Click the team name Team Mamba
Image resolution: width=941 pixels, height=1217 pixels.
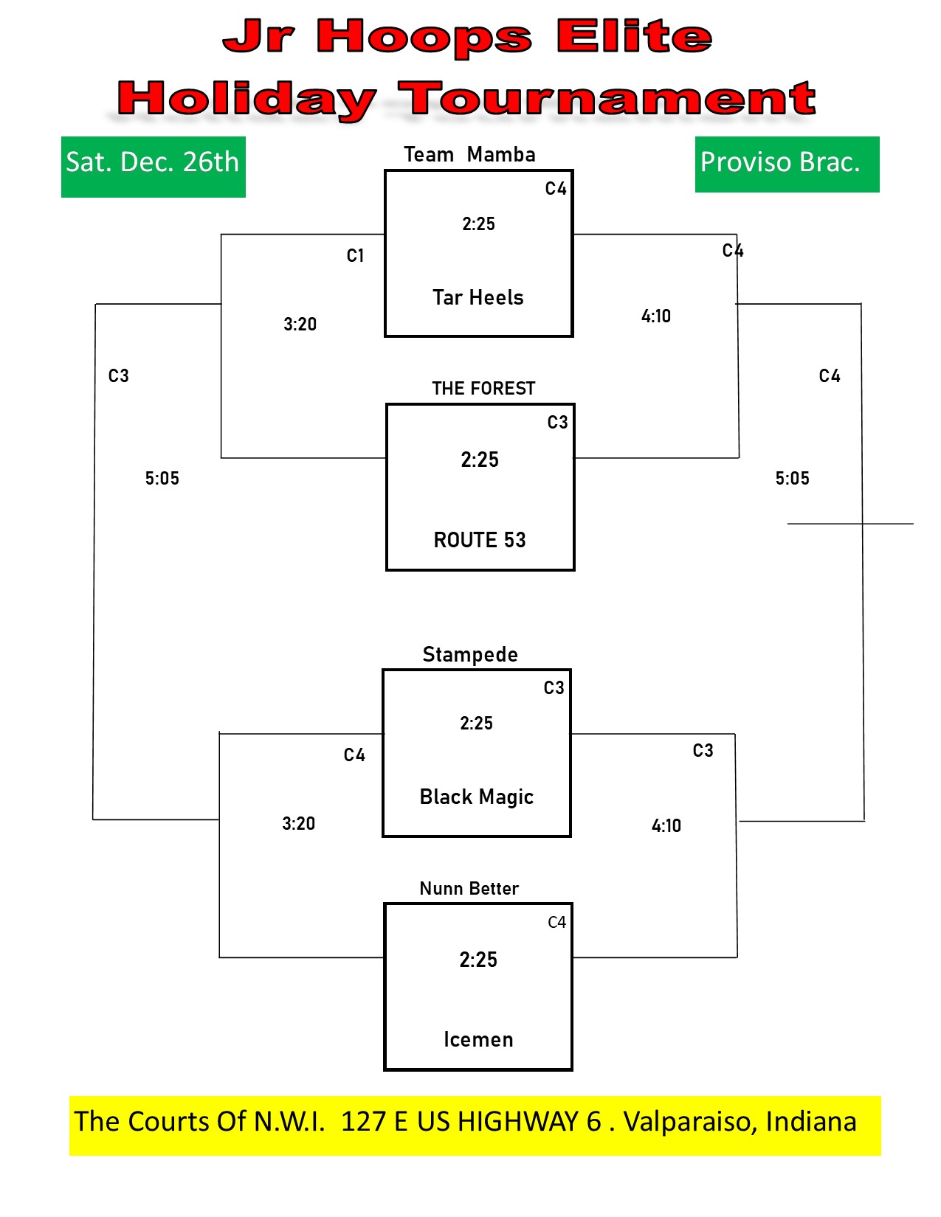pos(469,154)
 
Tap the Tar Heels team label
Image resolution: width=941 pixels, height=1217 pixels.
pos(478,297)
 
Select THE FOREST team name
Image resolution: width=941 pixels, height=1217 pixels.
pos(483,388)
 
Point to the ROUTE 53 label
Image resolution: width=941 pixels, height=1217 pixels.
pos(480,540)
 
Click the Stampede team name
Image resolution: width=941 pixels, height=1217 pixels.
pos(470,655)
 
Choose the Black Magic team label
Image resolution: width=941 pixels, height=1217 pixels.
pos(476,797)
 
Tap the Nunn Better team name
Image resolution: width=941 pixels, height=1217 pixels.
pos(469,888)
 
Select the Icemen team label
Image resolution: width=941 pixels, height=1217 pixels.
pos(479,1039)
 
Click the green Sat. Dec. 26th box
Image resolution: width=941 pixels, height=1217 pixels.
pos(153,167)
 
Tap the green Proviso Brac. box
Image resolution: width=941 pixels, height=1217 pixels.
pos(787,164)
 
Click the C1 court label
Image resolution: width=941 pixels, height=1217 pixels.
pos(355,256)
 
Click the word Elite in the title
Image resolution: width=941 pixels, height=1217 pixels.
pos(634,37)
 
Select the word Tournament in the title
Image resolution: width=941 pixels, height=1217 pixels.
pos(607,99)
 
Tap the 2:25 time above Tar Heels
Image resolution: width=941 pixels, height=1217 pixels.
pos(479,224)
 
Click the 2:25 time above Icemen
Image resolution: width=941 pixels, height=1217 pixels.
pos(478,960)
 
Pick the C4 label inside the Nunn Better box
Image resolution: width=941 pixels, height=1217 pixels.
pos(556,923)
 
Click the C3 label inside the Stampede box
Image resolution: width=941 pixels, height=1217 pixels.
pos(554,687)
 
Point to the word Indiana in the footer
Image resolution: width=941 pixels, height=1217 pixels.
pos(811,1122)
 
